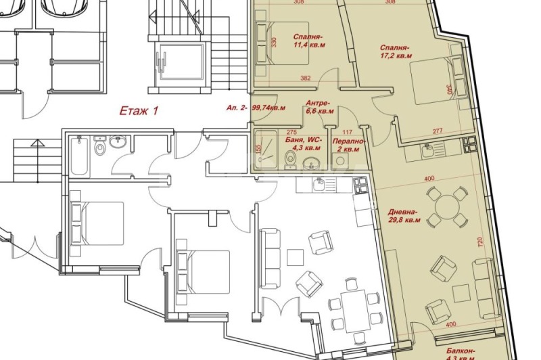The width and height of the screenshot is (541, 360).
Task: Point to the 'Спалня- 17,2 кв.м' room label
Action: pos(395,52)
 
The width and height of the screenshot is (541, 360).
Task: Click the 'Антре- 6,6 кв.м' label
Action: pos(320,107)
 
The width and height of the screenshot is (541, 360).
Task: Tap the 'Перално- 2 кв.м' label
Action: pos(349,144)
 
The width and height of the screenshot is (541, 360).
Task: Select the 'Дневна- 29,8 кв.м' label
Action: pos(406,215)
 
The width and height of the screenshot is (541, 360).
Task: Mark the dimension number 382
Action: pos(305,79)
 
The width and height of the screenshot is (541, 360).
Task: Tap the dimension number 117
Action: pos(348,133)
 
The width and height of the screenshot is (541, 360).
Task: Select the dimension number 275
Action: pos(292,133)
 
